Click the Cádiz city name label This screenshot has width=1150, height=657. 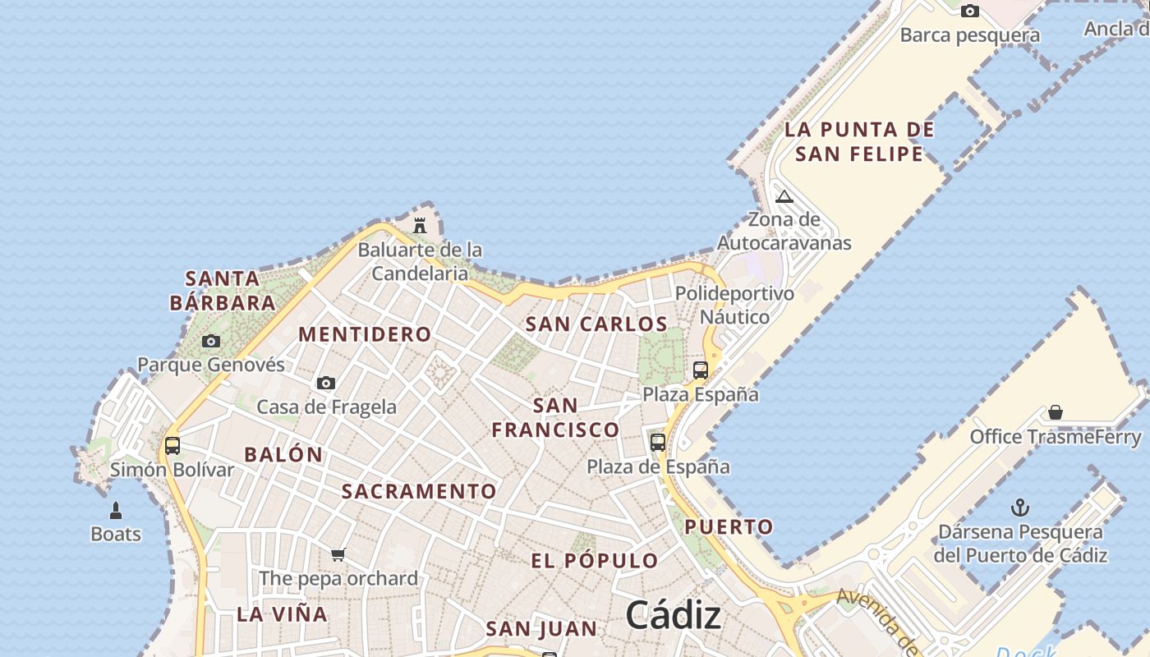[x=674, y=615]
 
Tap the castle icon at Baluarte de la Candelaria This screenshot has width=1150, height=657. [x=420, y=225]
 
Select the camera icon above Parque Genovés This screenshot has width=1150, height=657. [x=211, y=341]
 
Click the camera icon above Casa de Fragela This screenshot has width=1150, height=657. [x=326, y=383]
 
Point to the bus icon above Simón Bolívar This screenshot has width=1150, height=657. [x=172, y=446]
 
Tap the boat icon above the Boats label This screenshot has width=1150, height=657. [x=116, y=511]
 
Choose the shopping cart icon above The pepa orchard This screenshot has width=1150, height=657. [x=338, y=555]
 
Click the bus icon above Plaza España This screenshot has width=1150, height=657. [x=701, y=370]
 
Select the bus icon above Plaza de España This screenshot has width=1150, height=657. [x=658, y=443]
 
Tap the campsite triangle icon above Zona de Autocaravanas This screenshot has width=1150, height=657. [x=784, y=196]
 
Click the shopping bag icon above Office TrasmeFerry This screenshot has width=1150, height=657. [x=1056, y=412]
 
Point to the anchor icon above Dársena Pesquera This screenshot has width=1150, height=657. [x=1020, y=508]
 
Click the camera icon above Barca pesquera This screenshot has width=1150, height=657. [x=970, y=11]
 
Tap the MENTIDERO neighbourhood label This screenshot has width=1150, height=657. [x=365, y=334]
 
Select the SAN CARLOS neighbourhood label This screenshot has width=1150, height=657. [x=596, y=324]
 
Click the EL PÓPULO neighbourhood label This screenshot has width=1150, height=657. [x=595, y=561]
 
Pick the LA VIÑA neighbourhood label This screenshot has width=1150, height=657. [x=282, y=613]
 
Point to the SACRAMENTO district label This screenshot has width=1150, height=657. [x=419, y=491]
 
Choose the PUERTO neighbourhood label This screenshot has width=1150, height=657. [x=729, y=526]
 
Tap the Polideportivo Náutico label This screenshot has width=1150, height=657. [x=734, y=305]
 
